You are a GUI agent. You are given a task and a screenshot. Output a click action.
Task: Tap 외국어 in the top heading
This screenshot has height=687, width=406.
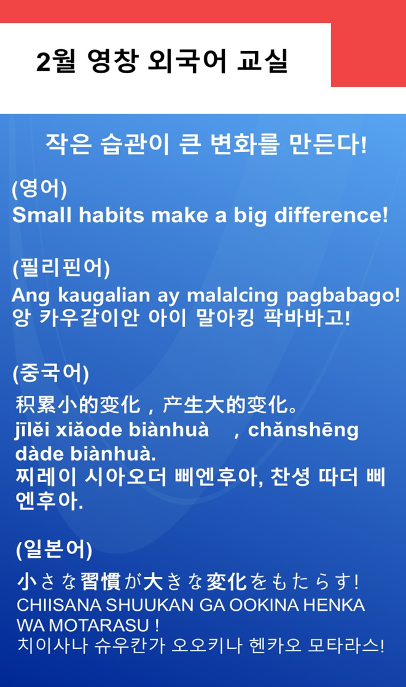[x=188, y=62]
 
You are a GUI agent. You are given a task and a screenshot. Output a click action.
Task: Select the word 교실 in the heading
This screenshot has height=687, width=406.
[x=262, y=62]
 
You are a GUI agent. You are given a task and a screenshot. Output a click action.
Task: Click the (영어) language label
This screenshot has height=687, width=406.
[x=39, y=189]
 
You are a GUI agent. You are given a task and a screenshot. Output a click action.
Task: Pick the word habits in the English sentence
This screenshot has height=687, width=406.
[x=111, y=215]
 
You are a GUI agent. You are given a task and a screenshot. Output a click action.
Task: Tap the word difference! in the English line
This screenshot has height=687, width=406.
[x=331, y=215]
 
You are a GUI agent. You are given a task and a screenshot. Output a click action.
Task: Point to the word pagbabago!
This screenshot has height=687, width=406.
[x=343, y=296]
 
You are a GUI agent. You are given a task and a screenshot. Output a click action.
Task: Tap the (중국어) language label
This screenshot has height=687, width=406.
[x=51, y=373]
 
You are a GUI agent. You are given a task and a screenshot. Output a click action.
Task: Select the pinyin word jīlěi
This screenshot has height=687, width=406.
[x=33, y=431]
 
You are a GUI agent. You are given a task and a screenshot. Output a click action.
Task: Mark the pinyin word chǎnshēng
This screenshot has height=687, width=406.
[x=303, y=431]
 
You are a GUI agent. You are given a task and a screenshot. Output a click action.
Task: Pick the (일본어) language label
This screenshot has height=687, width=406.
[x=54, y=549]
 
